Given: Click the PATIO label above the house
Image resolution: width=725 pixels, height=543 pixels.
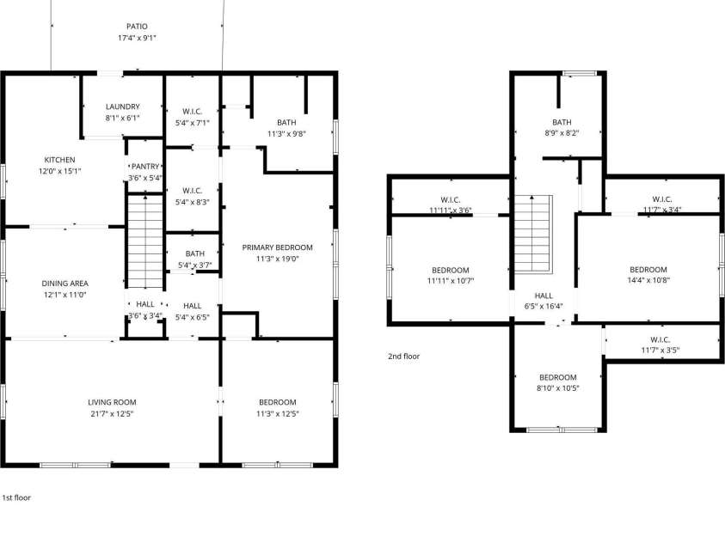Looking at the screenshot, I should pyautogui.click(x=136, y=27).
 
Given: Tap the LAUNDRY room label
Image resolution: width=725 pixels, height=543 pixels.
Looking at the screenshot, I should pyautogui.click(x=122, y=107).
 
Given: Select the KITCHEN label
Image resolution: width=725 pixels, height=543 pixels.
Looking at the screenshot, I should pyautogui.click(x=60, y=160).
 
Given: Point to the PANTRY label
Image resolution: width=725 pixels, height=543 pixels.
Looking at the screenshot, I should pyautogui.click(x=144, y=167).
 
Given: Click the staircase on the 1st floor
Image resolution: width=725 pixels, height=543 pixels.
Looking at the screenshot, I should pyautogui.click(x=144, y=242).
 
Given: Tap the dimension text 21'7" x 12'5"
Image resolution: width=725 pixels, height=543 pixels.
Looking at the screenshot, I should pyautogui.click(x=112, y=413).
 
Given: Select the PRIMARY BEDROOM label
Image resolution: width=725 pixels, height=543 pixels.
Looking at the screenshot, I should pyautogui.click(x=277, y=247).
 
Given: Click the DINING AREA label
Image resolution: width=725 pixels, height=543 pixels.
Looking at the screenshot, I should pyautogui.click(x=65, y=284).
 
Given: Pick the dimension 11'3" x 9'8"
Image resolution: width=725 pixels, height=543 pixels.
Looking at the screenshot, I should pyautogui.click(x=286, y=133).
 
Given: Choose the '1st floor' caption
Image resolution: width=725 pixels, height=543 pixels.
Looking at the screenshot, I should pyautogui.click(x=17, y=497).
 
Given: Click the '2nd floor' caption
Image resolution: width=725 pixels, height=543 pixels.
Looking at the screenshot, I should pyautogui.click(x=403, y=356).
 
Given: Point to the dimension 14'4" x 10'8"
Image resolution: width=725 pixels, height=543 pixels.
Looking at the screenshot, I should pyautogui.click(x=648, y=280).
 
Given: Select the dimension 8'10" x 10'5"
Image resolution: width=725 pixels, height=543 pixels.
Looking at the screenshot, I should pyautogui.click(x=558, y=388).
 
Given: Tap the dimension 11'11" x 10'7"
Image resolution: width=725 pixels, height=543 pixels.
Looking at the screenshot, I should pyautogui.click(x=451, y=281).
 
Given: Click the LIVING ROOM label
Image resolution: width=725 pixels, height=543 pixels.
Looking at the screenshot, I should pyautogui.click(x=112, y=402).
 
